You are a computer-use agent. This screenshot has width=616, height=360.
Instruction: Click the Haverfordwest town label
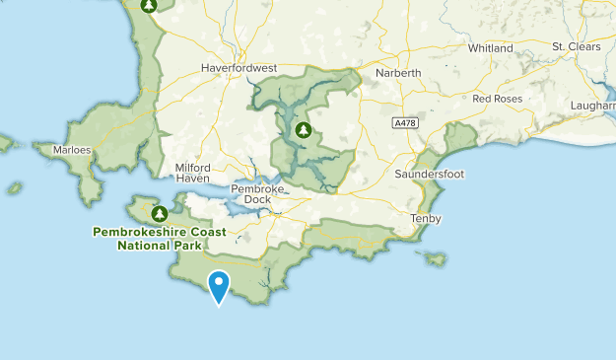tap(240, 68)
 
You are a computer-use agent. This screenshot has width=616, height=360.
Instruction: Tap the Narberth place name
tap(398, 73)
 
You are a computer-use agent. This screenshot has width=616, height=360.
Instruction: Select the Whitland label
tap(491, 47)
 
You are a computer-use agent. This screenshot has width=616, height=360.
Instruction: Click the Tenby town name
tap(426, 218)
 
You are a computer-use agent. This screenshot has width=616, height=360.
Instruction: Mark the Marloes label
tap(72, 151)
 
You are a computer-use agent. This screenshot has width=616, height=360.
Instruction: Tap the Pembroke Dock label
tap(257, 193)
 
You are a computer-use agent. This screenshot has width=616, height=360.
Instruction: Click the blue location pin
tap(219, 285)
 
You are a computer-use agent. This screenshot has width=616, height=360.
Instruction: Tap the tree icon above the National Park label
tap(159, 212)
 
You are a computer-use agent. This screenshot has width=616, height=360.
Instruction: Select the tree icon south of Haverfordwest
tap(304, 130)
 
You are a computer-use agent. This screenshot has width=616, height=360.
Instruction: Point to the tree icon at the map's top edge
tap(149, 5)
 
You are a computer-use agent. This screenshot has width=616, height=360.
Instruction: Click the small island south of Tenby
tap(432, 258)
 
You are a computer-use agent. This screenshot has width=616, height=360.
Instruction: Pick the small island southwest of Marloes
tap(15, 187)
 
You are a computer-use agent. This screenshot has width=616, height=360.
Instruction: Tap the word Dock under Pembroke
tap(257, 199)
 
